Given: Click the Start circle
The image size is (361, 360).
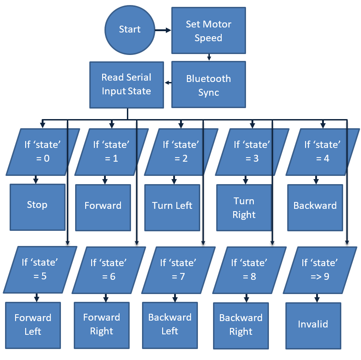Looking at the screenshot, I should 129,30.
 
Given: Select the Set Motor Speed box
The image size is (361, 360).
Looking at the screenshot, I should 208,31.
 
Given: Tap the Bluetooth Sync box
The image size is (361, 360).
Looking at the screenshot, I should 208,85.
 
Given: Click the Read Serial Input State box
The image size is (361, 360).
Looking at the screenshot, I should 126,85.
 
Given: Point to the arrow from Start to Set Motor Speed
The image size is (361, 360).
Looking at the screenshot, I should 162,30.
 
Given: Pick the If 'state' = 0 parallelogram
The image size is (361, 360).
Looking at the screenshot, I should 42,152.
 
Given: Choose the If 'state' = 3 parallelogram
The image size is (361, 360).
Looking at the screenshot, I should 252,152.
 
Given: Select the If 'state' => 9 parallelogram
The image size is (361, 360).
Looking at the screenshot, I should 319,270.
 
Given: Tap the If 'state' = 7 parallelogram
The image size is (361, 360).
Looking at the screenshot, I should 178,270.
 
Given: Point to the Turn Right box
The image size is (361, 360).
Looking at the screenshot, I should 244,207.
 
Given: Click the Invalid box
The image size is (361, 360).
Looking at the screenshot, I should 313,325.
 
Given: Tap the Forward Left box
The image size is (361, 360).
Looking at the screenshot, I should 33,325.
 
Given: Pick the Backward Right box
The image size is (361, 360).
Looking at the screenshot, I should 241,325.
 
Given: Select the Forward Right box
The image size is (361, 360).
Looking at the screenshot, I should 102,325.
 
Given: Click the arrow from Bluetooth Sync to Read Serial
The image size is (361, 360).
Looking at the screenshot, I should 168,83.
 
